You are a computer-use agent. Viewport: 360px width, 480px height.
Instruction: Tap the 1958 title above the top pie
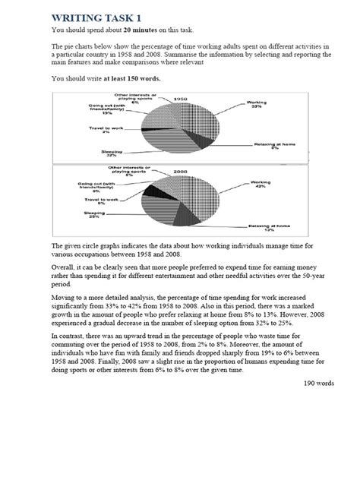(181, 99)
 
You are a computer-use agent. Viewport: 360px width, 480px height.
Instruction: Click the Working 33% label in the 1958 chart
(257, 105)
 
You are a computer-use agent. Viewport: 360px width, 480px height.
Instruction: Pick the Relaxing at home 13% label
(267, 228)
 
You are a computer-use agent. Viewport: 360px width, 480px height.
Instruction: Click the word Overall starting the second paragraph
(64, 267)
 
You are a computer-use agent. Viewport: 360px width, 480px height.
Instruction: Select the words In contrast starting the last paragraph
(71, 334)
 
